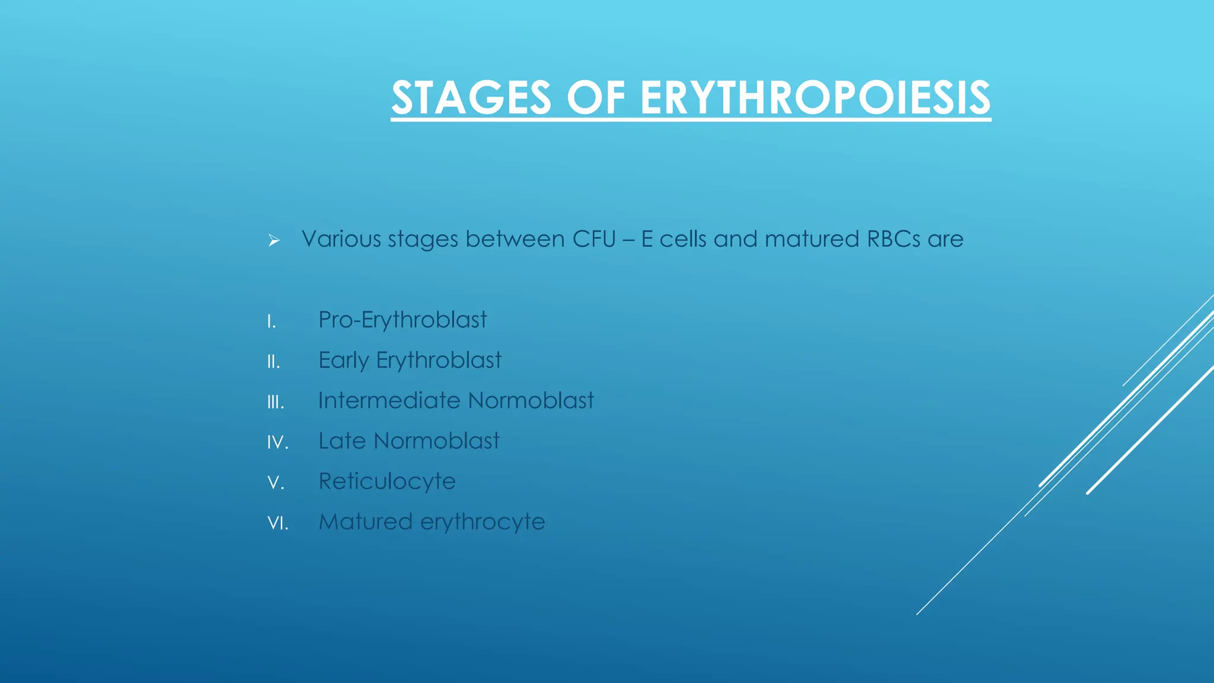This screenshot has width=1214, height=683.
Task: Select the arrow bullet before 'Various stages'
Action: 273,240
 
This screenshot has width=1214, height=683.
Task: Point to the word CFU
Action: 594,239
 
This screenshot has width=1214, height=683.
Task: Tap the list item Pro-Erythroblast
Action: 402,320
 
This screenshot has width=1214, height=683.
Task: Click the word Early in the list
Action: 343,360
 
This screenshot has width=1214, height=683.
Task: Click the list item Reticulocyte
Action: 387,481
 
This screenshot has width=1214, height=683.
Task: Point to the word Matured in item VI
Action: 365,522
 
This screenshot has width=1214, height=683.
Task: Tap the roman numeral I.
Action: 271,322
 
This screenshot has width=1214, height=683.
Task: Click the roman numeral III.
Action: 276,403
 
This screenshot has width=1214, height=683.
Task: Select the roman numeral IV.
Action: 277,443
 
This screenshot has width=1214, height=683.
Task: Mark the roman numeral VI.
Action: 277,524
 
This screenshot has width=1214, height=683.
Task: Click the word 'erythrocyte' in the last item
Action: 483,522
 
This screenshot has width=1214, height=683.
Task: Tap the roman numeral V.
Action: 276,483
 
